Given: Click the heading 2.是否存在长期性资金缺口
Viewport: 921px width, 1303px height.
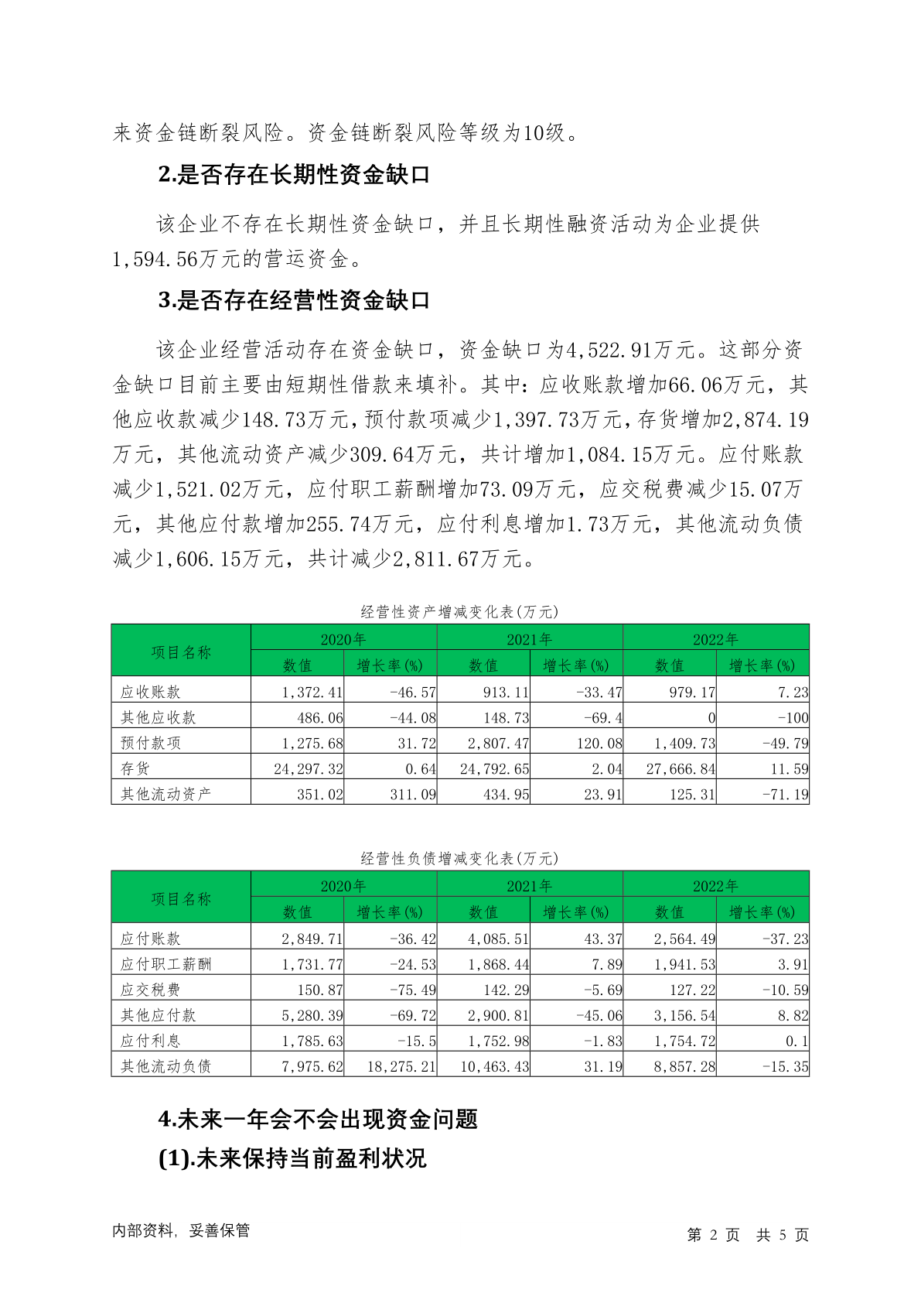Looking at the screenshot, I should [x=294, y=176].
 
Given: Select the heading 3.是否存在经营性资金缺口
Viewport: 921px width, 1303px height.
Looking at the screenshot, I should [x=294, y=301].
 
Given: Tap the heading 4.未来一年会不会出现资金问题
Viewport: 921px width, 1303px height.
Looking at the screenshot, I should [x=318, y=1119].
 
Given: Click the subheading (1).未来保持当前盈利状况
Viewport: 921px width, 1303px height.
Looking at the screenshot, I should [x=292, y=1158].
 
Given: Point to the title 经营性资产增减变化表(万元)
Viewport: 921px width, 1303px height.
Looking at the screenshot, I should [x=459, y=612].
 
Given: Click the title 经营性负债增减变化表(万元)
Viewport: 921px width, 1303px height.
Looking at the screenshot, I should [x=459, y=859].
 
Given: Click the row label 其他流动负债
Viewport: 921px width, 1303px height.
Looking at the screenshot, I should [x=165, y=1067].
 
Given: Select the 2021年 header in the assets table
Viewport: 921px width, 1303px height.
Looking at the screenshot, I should [x=530, y=639].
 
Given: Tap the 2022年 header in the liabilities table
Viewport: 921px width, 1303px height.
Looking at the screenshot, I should [x=715, y=886].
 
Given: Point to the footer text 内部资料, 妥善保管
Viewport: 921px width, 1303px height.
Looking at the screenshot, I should [x=181, y=1231].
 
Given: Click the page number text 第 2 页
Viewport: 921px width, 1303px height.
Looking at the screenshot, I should [x=713, y=1235].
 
